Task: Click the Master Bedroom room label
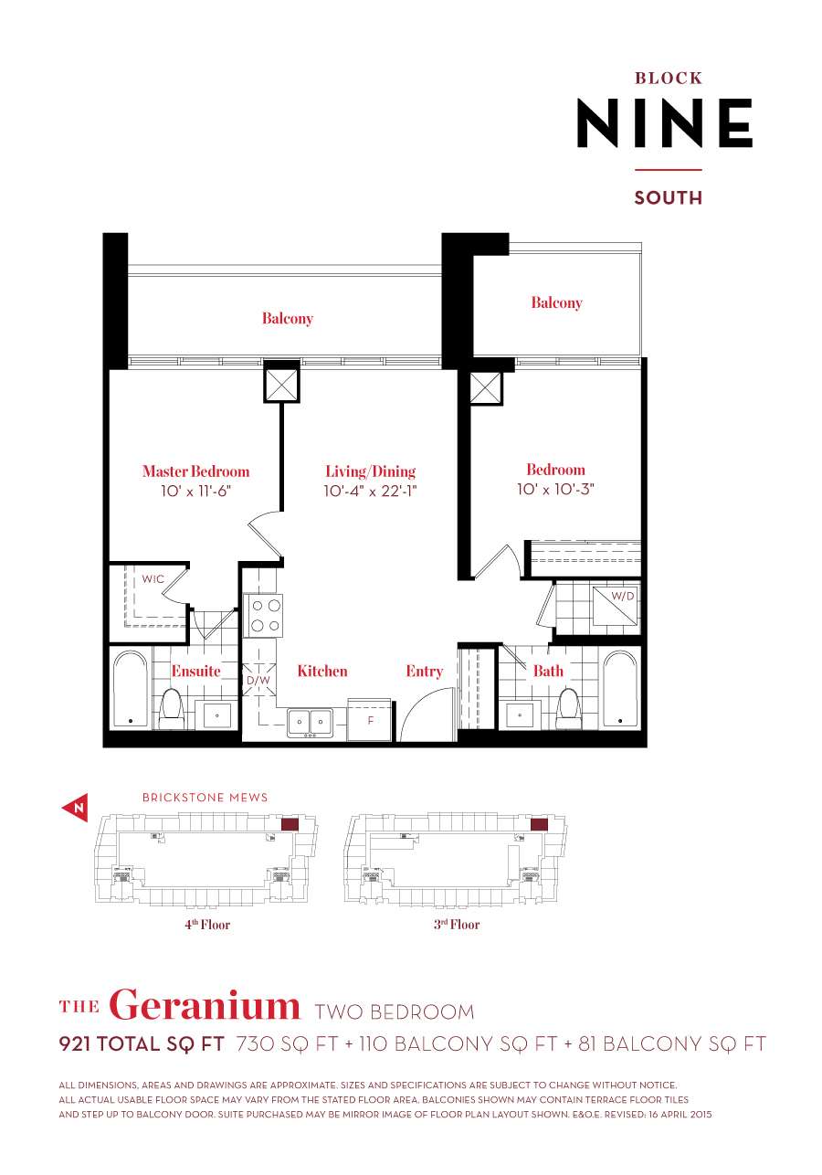coord(195,471)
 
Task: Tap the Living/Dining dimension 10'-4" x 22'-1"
coord(370,491)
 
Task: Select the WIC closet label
coord(153,579)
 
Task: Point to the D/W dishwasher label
coord(257,680)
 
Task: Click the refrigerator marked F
coord(370,721)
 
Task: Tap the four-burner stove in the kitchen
coord(263,615)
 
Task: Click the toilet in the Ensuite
coord(172,708)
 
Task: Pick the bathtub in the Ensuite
coord(130,689)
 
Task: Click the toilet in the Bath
coord(568,707)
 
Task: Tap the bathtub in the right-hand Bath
coord(620,689)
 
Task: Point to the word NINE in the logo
coord(665,123)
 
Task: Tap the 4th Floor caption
coord(207,925)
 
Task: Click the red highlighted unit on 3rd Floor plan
coord(539,824)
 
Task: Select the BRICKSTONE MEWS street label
coord(205,798)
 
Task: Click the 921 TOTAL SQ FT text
coord(142,1044)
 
